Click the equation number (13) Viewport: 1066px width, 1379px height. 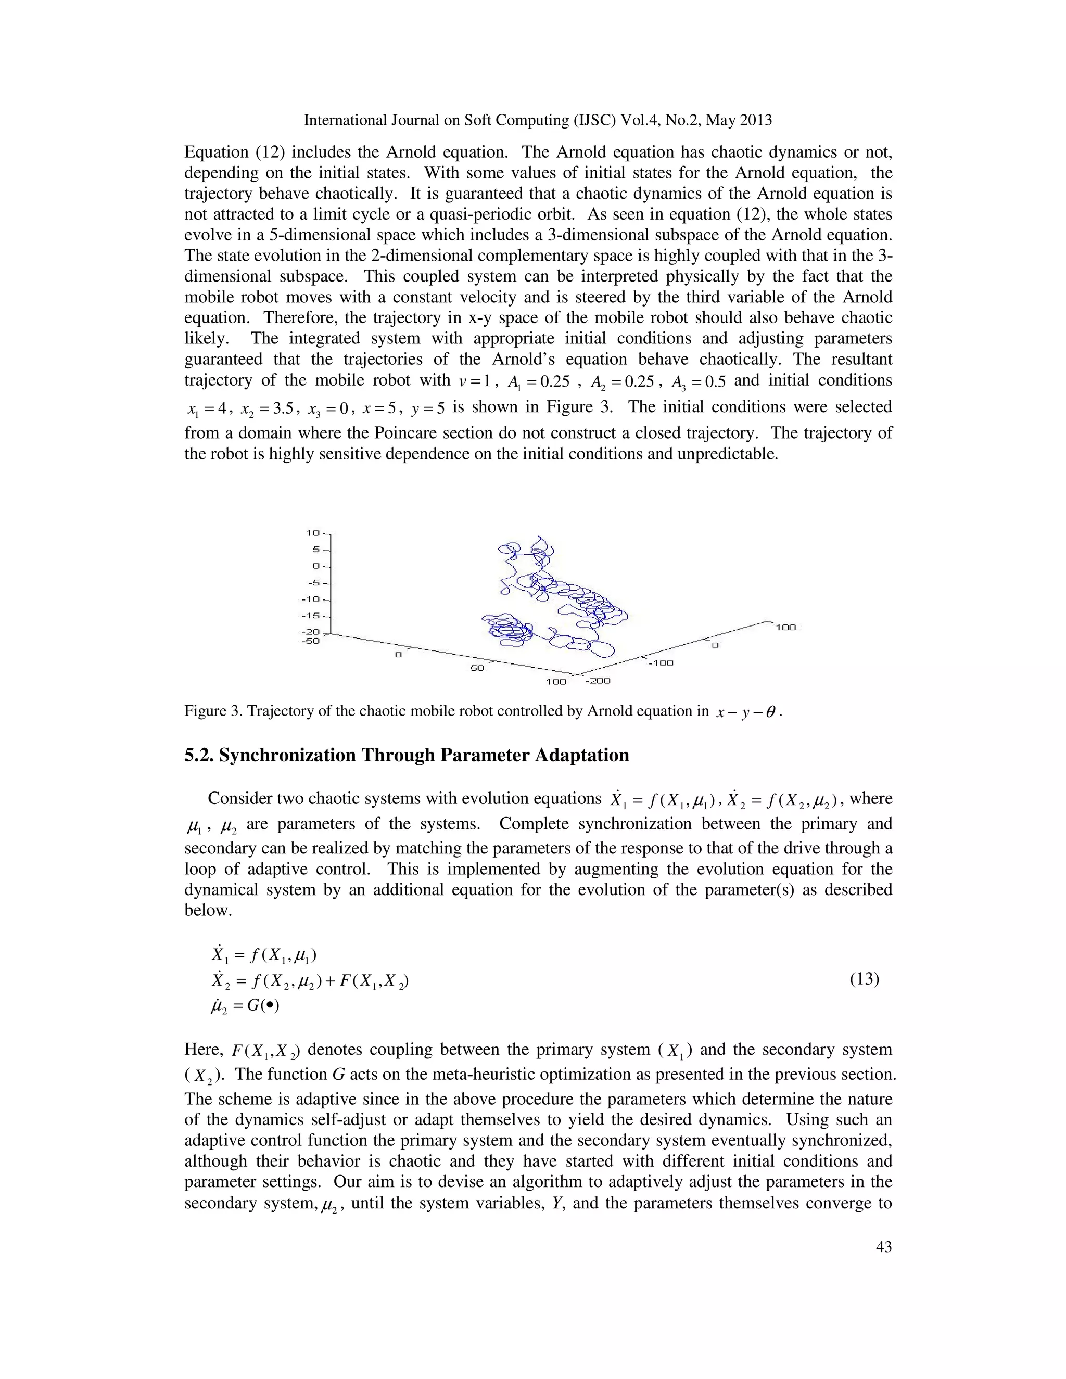click(865, 979)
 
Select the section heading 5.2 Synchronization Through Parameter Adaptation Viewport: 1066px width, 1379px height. click(406, 755)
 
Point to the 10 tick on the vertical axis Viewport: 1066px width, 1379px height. click(313, 533)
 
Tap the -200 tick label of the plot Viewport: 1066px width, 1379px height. click(598, 681)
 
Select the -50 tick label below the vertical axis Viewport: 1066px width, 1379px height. click(310, 641)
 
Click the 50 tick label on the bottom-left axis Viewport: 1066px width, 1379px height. click(477, 668)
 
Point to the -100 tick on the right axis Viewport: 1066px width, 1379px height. click(661, 663)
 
